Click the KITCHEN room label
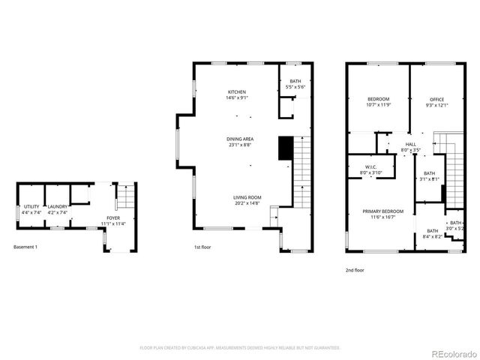coord(237,92)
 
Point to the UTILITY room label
coord(31,206)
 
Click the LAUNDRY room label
coord(58,206)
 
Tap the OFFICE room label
coord(436,100)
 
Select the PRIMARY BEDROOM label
coord(383,211)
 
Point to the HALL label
coord(410,144)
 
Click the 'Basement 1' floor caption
coord(25,247)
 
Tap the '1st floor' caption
coord(202,247)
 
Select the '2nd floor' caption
coord(355,270)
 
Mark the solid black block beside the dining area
coord(284,148)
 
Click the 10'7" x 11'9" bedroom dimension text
coord(378,106)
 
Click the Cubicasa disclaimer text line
coord(240,348)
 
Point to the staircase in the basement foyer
coord(125,199)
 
